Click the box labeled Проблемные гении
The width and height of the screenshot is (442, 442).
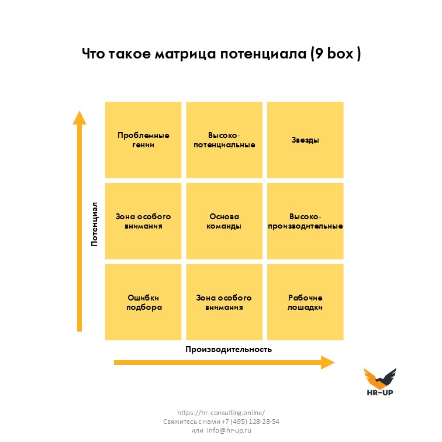pyautogui.click(x=143, y=140)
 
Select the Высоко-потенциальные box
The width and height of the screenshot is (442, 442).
pyautogui.click(x=224, y=140)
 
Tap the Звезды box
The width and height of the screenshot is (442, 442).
pyautogui.click(x=305, y=140)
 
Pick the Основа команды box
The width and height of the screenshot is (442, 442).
pyautogui.click(x=224, y=221)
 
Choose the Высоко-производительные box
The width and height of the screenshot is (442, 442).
pyautogui.click(x=305, y=221)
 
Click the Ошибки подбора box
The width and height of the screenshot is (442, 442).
pyautogui.click(x=143, y=302)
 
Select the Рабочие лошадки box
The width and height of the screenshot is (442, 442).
pyautogui.click(x=305, y=302)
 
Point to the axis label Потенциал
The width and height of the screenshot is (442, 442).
pyautogui.click(x=95, y=224)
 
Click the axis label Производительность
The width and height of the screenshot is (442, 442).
pyautogui.click(x=229, y=350)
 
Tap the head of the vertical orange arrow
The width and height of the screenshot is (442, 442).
pyautogui.click(x=80, y=118)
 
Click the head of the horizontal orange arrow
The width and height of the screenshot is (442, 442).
pyautogui.click(x=328, y=362)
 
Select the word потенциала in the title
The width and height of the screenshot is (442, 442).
pyautogui.click(x=263, y=54)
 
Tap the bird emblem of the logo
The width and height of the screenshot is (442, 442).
pyautogui.click(x=380, y=378)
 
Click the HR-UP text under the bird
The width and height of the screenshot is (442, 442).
pyautogui.click(x=380, y=392)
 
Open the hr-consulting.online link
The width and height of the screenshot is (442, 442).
pyautogui.click(x=221, y=413)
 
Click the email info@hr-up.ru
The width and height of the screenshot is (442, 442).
pyautogui.click(x=229, y=430)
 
